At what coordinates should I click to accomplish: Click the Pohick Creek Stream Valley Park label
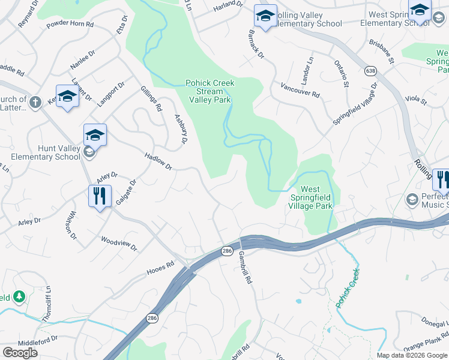[209, 91]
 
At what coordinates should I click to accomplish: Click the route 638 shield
[370, 71]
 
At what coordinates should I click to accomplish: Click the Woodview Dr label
[119, 243]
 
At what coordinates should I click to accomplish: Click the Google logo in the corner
[20, 353]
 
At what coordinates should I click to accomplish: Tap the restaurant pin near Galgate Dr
[100, 196]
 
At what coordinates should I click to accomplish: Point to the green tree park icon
[19, 296]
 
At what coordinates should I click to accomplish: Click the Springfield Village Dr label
[355, 104]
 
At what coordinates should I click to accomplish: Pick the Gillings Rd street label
[151, 99]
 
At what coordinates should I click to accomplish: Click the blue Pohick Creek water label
[347, 289]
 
